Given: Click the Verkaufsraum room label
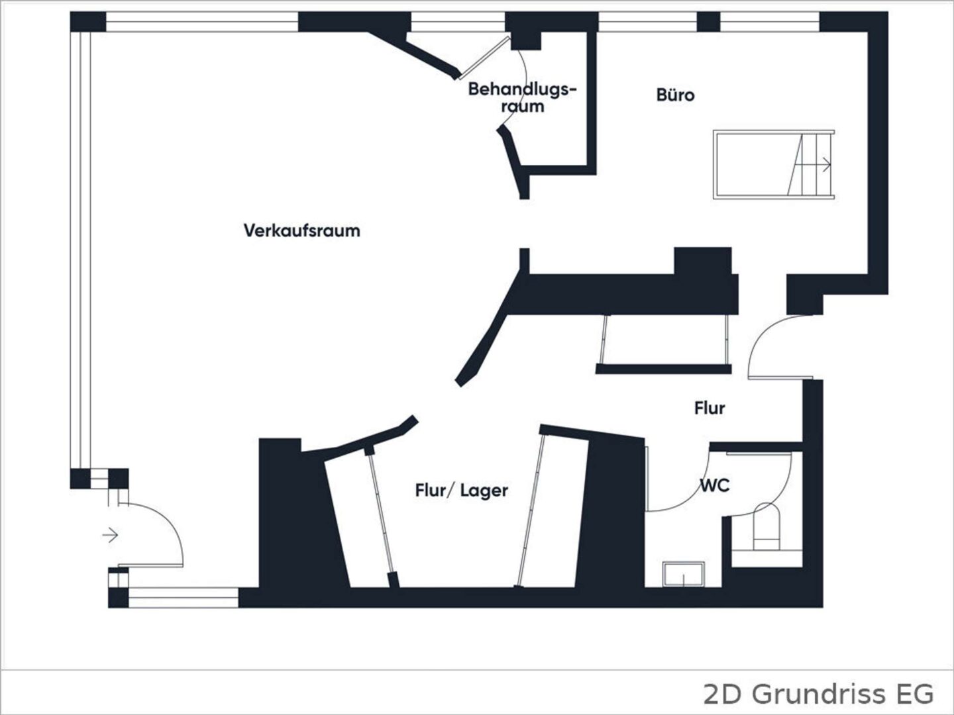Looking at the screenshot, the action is click(301, 230).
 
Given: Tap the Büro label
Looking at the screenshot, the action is click(675, 95).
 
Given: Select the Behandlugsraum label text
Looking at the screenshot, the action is click(523, 98).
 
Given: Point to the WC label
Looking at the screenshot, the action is click(715, 486).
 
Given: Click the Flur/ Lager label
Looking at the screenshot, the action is click(462, 491).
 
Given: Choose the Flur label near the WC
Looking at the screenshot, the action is click(710, 408).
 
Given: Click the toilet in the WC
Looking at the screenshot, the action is click(766, 527).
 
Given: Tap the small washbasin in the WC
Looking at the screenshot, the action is click(683, 575).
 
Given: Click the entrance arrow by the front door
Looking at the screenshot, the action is click(111, 535).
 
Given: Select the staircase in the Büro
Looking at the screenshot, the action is click(774, 165).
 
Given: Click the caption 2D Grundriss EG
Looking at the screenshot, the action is click(818, 694).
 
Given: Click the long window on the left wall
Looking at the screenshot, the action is click(80, 250).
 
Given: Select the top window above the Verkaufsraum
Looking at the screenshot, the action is click(202, 21).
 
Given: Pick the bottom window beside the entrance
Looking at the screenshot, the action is click(184, 598).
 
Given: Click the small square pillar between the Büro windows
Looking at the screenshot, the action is click(708, 21).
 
